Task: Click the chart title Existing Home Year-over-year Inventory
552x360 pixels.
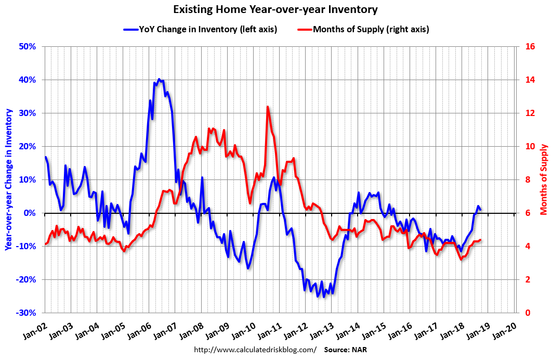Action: tap(275, 9)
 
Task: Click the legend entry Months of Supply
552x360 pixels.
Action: tap(371, 29)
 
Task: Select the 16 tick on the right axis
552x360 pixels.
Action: tap(530, 46)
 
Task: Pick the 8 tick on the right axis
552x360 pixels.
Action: tap(528, 179)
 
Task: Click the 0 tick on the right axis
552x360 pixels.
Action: tap(528, 313)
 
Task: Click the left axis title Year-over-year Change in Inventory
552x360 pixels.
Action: tap(9, 179)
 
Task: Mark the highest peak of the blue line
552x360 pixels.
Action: tap(159, 79)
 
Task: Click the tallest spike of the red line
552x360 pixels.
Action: tap(267, 107)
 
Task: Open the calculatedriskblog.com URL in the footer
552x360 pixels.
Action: tap(255, 350)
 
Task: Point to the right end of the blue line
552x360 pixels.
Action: tap(480, 209)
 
